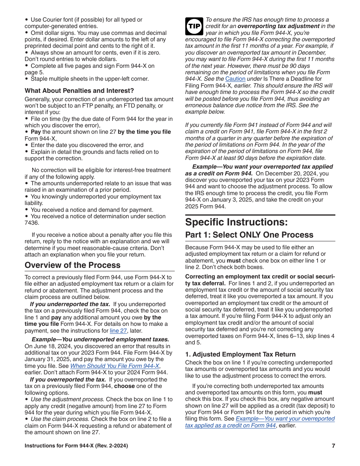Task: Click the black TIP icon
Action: pos(194,27)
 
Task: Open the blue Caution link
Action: pos(235,79)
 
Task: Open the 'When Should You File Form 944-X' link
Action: pos(114,366)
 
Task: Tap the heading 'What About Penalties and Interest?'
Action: pos(79,91)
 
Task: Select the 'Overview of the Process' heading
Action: pos(72,265)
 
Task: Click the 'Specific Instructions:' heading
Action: pos(236,222)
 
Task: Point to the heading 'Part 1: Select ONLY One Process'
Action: pos(249,235)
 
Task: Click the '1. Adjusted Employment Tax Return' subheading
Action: pos(240,355)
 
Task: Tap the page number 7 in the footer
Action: pos(333,446)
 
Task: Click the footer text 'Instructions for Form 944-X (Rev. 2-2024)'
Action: pos(76,446)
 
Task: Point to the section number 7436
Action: pos(31,223)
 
